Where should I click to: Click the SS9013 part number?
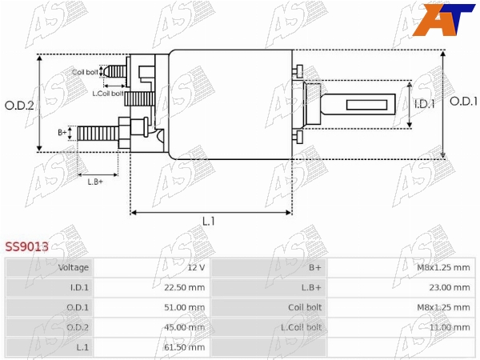tap(26, 246)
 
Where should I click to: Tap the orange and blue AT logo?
tap(443, 19)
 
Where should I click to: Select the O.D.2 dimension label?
tap(19, 106)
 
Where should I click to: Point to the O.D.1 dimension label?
tap(463, 102)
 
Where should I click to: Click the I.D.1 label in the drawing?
tap(424, 104)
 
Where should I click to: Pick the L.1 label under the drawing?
tap(209, 221)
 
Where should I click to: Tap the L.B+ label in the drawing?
tap(95, 182)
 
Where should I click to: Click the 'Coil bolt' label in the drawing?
tap(85, 72)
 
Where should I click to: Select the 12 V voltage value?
tap(196, 267)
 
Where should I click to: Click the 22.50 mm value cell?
tap(184, 287)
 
